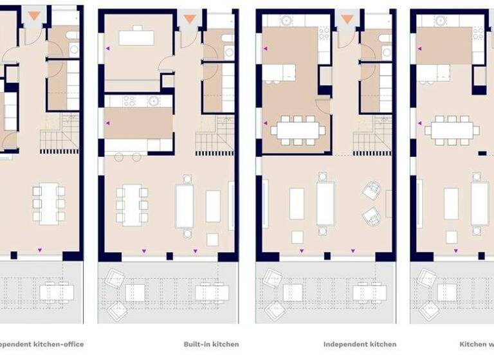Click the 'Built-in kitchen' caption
coord(211,345)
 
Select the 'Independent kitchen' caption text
coord(360,345)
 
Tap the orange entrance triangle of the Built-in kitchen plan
coord(188,19)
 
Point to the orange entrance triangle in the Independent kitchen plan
coord(347,19)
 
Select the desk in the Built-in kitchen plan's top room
coord(136,37)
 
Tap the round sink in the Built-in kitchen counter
coord(153,101)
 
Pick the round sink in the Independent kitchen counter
coord(286,20)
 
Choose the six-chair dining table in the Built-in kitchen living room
coord(132,204)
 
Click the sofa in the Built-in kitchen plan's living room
coord(185,206)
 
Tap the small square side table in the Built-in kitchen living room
coord(212,239)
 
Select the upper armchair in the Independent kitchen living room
coord(372,191)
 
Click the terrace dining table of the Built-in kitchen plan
coord(212,293)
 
